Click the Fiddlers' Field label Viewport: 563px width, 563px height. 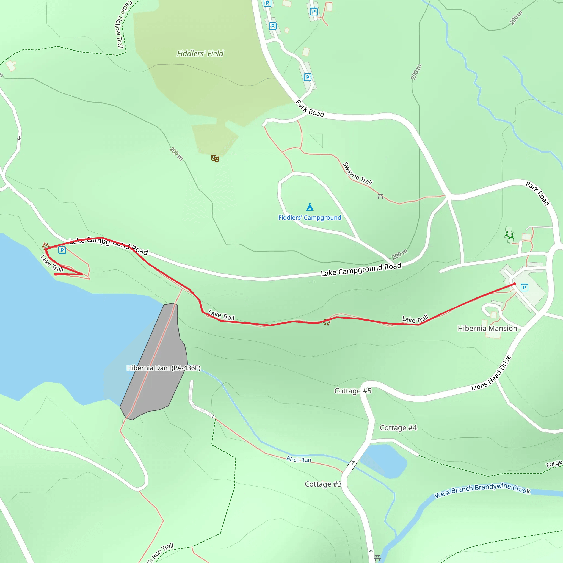click(200, 54)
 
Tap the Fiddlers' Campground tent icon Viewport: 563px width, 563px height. click(310, 207)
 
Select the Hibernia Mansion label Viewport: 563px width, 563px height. click(487, 329)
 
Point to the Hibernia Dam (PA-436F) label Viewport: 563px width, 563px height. click(164, 368)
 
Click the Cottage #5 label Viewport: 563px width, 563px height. click(353, 391)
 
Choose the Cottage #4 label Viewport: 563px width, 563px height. click(398, 428)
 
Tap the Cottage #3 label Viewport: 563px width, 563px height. click(323, 484)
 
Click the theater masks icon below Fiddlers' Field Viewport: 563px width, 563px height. click(215, 159)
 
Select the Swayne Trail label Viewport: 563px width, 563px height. click(358, 174)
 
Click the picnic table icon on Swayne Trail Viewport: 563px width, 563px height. click(380, 197)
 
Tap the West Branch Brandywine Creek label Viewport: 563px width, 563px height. click(482, 490)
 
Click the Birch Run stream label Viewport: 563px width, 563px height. click(299, 460)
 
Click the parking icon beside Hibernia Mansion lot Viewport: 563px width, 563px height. click(524, 288)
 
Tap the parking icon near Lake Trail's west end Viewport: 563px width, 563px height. click(62, 250)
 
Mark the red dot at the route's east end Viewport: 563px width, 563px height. click(515, 284)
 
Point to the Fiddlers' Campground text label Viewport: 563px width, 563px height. click(310, 218)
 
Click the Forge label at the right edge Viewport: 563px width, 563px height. click(554, 464)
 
